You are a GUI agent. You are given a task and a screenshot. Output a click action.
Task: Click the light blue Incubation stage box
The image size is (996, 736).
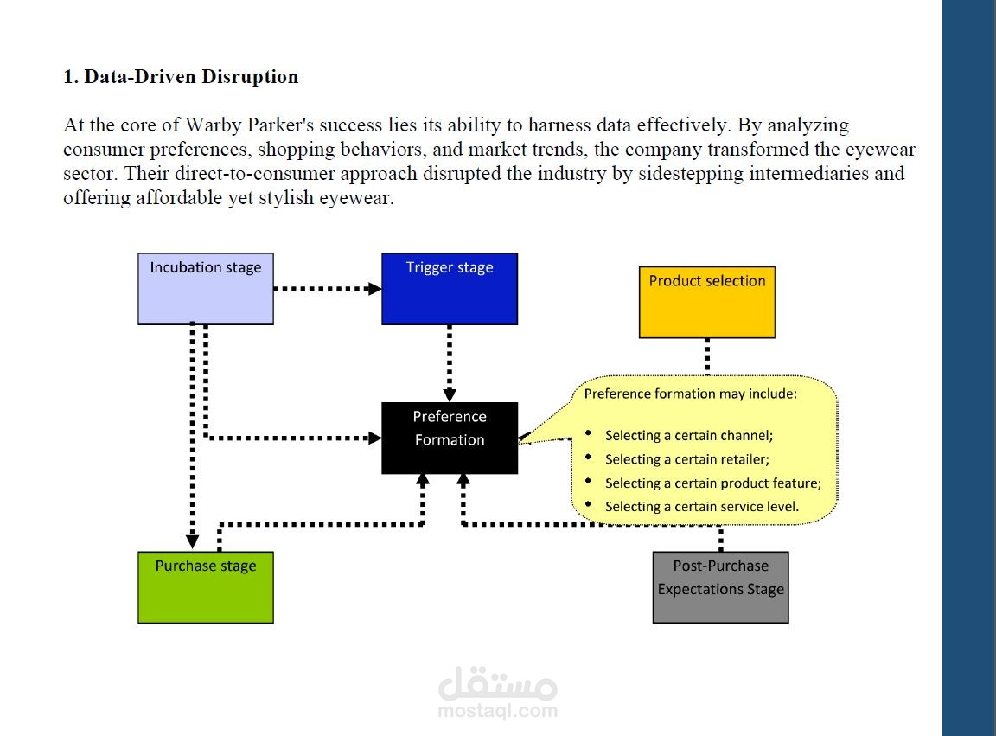point(205,289)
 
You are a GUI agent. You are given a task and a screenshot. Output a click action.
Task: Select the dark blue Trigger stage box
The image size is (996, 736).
point(450,289)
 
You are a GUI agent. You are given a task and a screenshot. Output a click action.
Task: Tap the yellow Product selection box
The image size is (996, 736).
point(707,303)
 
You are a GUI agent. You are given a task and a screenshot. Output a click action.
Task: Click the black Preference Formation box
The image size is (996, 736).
point(450,438)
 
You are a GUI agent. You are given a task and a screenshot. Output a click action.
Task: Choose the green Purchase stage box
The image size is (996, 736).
point(205,588)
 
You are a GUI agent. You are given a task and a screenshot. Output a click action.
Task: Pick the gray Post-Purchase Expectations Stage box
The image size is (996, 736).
point(721,588)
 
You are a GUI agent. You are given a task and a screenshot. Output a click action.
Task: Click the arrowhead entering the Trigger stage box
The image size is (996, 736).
point(374,289)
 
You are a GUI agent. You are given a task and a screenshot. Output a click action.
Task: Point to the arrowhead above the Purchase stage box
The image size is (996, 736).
point(193,541)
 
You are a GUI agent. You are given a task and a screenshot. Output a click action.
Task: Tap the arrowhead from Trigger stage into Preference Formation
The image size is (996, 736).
point(450,394)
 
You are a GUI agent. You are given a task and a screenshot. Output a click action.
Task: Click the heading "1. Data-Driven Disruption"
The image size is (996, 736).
point(181,77)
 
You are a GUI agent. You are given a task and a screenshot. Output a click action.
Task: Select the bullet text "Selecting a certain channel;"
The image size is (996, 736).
point(689,435)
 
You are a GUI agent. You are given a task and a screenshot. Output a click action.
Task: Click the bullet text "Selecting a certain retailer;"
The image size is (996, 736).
point(687,459)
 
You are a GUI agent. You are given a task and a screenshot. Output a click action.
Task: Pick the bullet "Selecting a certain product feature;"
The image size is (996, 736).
point(713,483)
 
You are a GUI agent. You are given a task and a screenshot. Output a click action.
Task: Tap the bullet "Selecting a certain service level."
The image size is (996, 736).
point(702,507)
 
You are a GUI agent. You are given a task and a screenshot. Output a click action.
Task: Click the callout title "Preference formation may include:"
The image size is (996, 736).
point(691,394)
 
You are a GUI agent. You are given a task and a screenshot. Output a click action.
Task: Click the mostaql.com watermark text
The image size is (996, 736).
point(498,711)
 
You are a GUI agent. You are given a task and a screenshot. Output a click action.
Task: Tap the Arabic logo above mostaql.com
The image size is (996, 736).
point(498,682)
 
